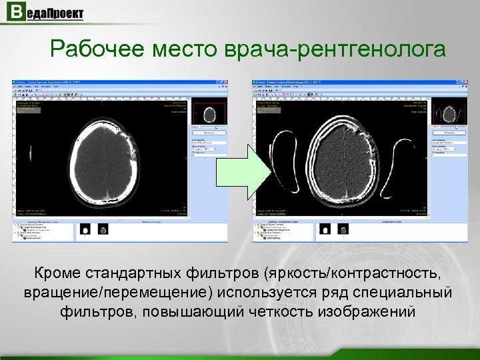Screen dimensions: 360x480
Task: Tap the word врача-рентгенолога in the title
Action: click(x=337, y=49)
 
